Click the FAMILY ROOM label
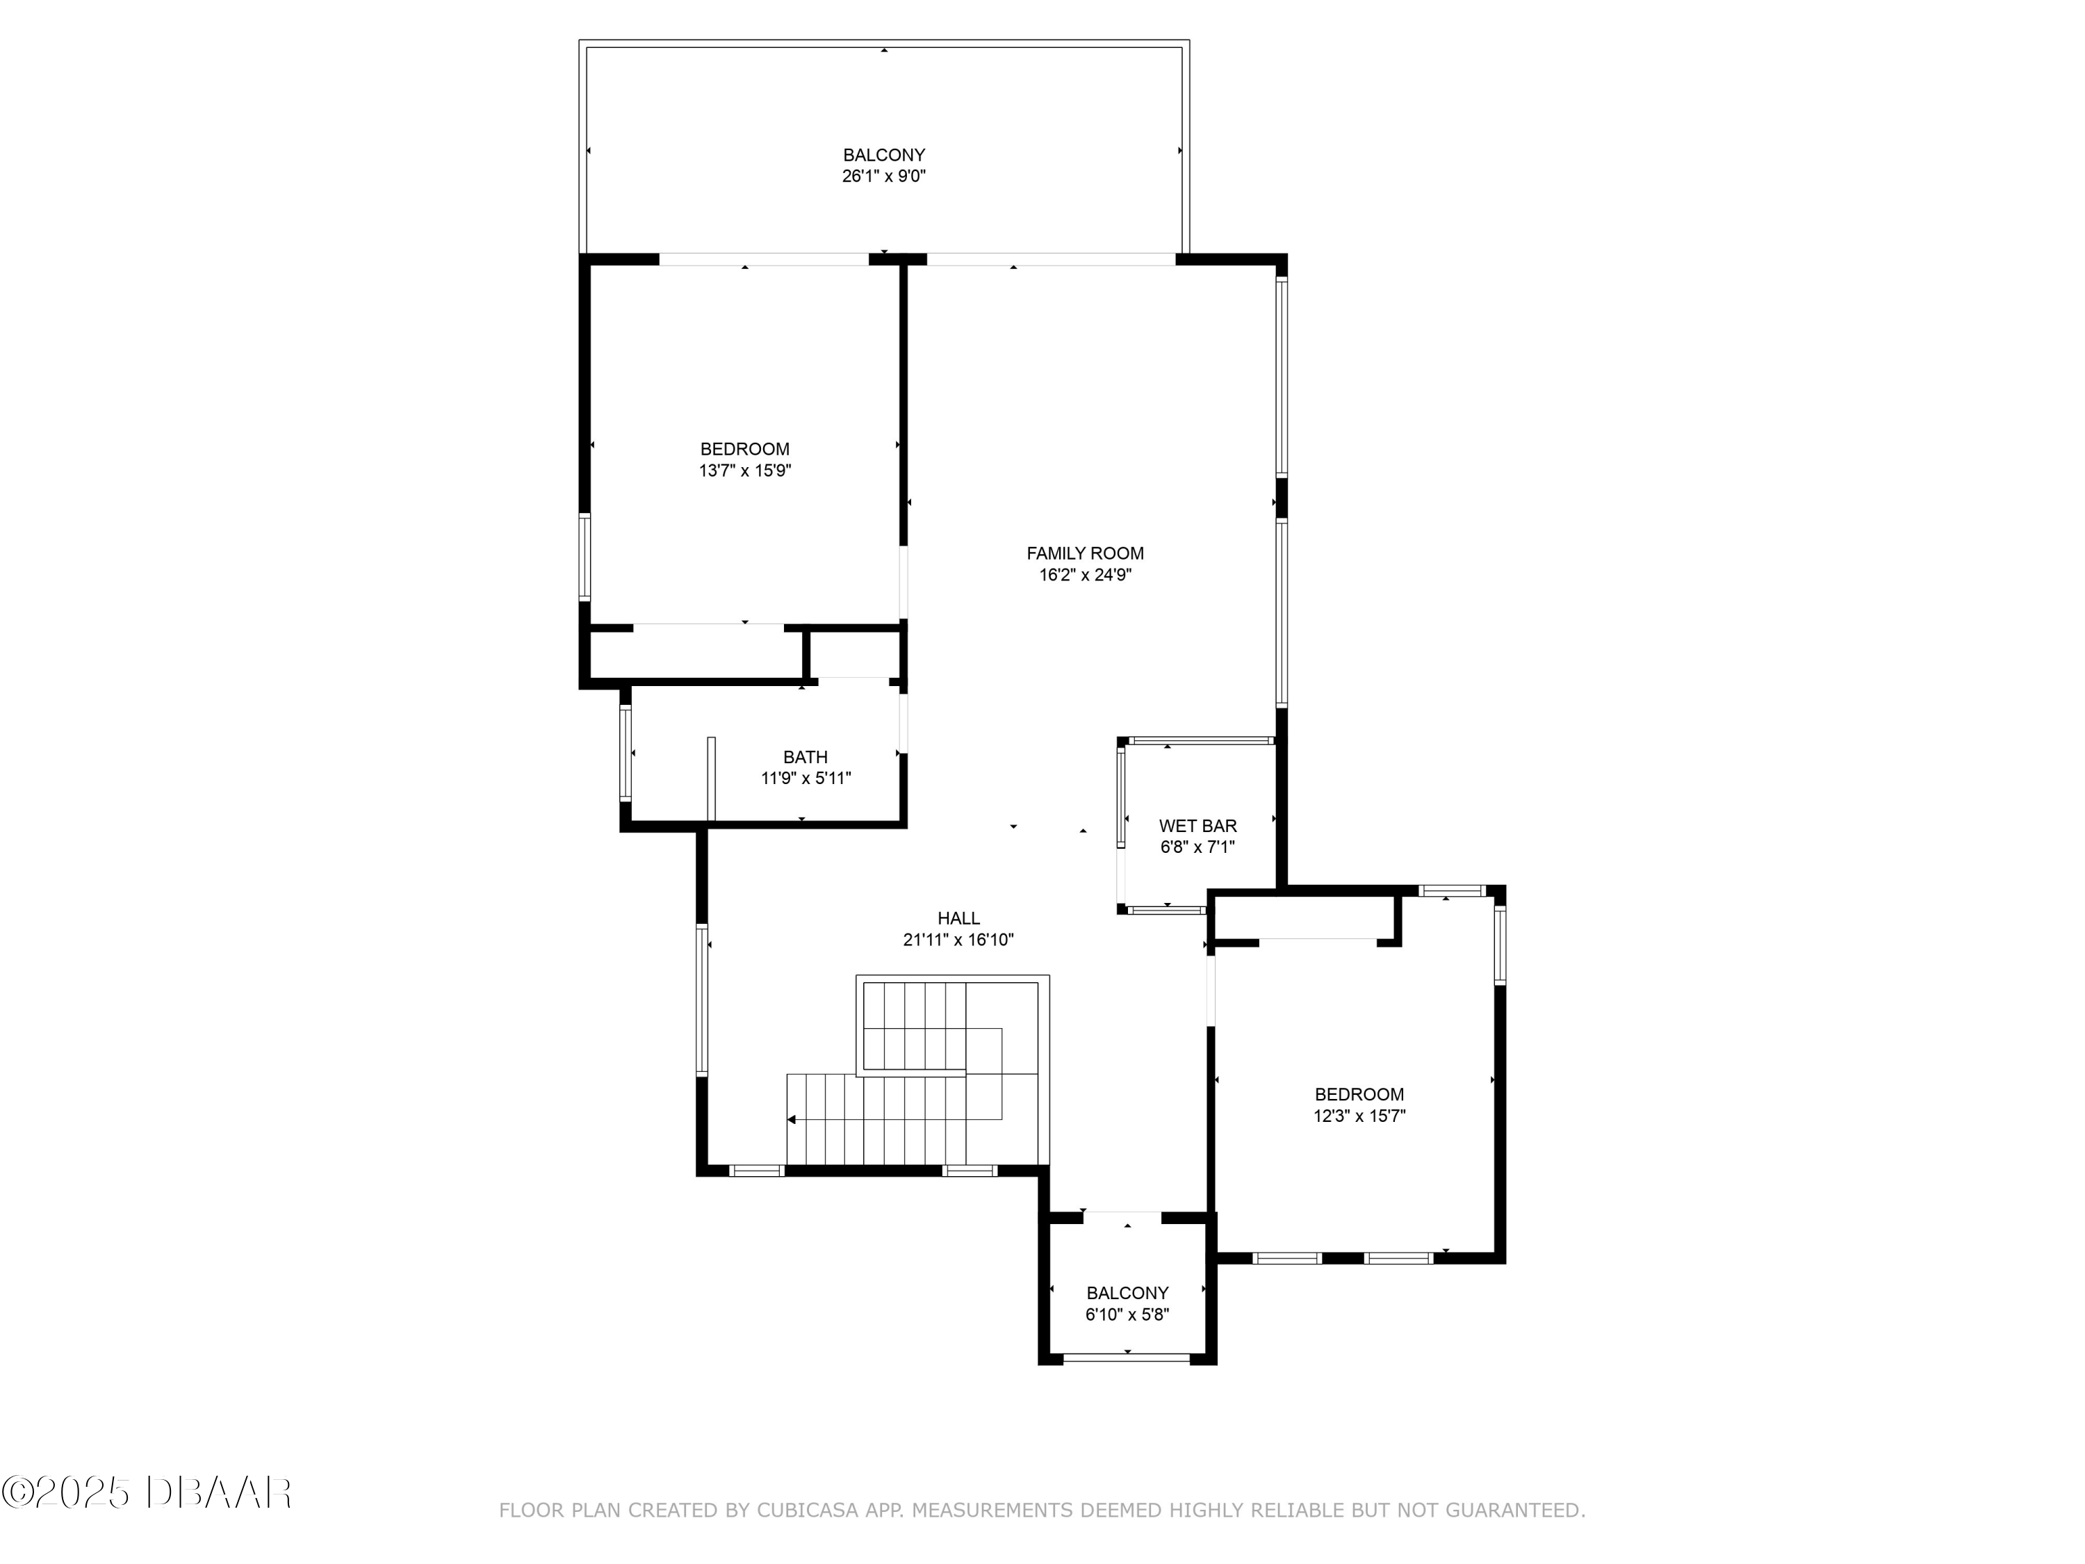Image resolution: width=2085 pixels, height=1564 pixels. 1085,553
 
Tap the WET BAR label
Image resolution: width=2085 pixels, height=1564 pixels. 1197,826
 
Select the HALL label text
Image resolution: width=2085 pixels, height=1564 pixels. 958,918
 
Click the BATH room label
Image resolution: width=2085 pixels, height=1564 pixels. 805,757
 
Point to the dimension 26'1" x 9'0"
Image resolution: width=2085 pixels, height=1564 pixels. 883,177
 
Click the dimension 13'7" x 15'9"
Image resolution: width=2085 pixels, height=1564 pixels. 744,471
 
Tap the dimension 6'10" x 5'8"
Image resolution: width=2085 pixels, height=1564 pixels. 1127,1315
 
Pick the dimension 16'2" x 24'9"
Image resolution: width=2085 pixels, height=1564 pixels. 1085,575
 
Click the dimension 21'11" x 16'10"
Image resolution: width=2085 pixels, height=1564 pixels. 958,940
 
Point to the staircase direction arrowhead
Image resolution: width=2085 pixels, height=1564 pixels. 792,1120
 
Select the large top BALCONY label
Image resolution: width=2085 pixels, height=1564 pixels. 883,154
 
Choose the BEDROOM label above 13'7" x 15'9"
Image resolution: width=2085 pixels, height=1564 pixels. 744,449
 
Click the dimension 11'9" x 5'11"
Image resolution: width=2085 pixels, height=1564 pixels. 805,779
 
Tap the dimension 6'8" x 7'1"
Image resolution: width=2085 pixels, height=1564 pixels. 1197,847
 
